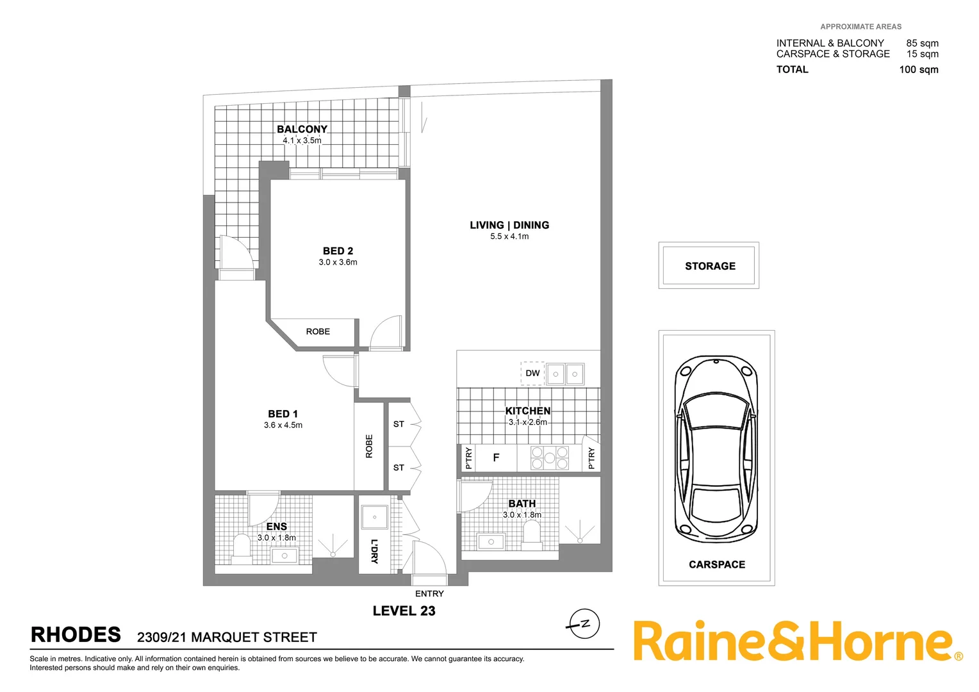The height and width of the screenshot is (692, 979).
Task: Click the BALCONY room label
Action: pos(302,129)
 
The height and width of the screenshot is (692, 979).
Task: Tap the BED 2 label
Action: pos(338,251)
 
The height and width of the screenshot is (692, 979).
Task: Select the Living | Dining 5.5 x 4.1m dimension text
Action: pos(509,236)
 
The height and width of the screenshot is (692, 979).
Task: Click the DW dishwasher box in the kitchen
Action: pos(532,373)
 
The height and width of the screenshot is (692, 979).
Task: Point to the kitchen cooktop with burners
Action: pos(550,457)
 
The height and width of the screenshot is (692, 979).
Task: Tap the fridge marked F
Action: pos(496,457)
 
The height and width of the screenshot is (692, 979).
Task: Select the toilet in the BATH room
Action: pos(532,533)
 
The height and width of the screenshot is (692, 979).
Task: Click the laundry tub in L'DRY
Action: pos(375,517)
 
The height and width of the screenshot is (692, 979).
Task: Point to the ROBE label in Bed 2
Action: pos(318,331)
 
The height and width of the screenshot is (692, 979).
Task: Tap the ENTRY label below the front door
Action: pos(429,594)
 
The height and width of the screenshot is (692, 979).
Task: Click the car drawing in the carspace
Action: pos(716,449)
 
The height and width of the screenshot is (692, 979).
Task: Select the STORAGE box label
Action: pos(710,266)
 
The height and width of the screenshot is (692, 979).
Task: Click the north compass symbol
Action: pos(584,623)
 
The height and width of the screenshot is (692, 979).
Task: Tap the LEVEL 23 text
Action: pos(404,611)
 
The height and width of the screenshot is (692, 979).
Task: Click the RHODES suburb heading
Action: pos(76,635)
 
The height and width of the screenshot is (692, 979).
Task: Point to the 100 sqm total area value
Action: pos(918,69)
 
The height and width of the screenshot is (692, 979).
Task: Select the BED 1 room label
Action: pos(283,414)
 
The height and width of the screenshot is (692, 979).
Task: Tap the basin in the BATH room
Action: pos(491,542)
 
